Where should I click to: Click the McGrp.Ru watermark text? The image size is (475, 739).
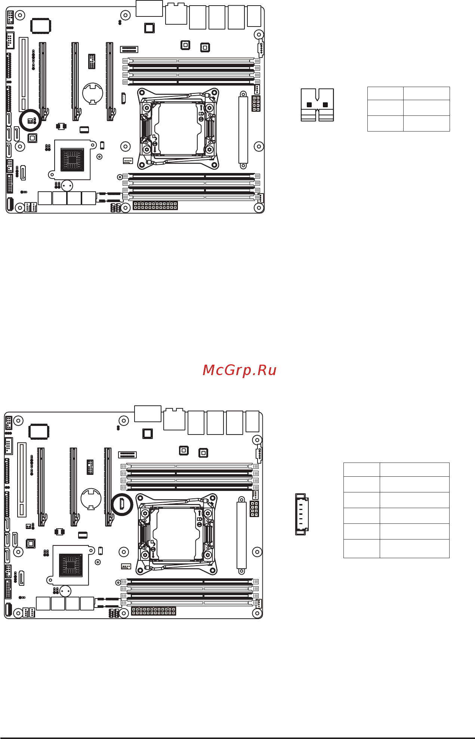239,370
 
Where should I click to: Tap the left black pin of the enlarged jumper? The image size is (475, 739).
309,105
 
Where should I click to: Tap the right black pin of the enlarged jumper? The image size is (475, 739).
325,105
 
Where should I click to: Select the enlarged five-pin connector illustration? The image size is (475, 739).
301,514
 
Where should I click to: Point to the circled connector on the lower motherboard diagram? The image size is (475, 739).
122,504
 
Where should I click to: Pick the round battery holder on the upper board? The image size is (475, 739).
92,93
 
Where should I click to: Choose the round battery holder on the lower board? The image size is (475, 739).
91,498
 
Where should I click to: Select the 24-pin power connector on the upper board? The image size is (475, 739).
155,205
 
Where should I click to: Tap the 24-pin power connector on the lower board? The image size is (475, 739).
154,611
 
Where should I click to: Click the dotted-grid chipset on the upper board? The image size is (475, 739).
73,160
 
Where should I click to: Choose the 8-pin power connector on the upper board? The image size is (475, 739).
256,103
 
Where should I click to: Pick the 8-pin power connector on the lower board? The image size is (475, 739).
254,509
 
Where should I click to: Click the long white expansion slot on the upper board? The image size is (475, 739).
24,74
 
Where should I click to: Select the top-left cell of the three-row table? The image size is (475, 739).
385,93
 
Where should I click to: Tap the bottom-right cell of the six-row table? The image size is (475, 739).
414,548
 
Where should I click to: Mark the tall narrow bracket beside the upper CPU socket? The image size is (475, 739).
243,129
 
